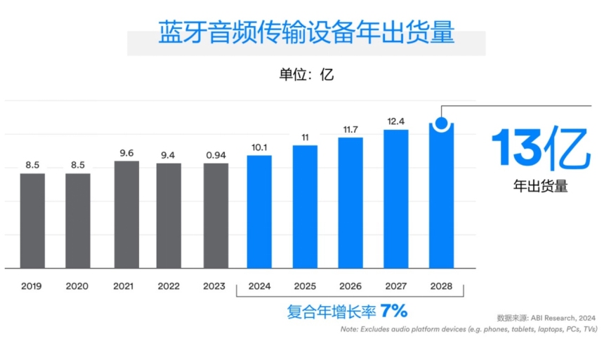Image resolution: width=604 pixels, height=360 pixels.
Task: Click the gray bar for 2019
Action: tap(32, 220)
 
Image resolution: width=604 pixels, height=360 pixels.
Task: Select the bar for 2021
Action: tap(126, 214)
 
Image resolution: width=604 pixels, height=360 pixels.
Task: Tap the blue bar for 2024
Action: tap(259, 211)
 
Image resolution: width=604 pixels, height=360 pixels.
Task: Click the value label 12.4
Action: tap(396, 122)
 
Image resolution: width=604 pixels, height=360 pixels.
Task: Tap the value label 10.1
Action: tap(259, 147)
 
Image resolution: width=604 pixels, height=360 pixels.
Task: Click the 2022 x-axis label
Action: tap(169, 286)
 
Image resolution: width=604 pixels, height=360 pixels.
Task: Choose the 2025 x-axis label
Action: tap(305, 286)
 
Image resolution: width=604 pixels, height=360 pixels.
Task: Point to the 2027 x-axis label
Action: tap(396, 286)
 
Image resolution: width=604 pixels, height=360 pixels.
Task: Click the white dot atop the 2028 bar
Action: tap(441, 124)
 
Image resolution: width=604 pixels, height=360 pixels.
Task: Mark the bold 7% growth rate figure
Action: tap(394, 310)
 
